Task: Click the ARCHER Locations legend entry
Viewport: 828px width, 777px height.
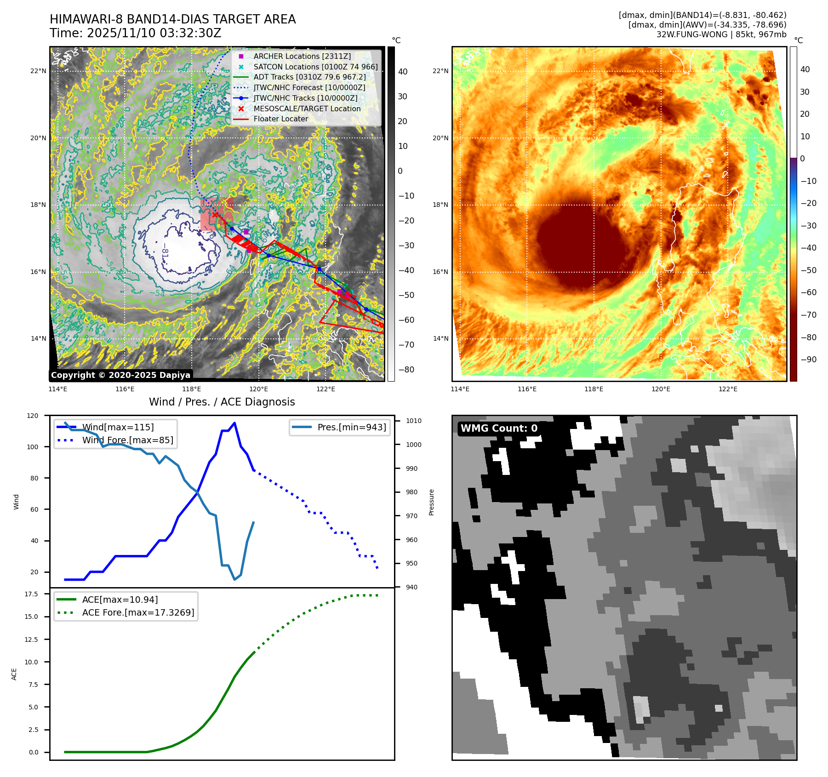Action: point(302,56)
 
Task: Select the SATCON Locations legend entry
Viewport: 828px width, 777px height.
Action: point(315,67)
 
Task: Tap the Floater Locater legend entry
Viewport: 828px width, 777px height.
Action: point(280,119)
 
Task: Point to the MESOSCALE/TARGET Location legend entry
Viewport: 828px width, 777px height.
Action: point(307,109)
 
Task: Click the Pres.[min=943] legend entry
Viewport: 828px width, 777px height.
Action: point(352,427)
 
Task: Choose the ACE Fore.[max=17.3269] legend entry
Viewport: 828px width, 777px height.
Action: point(138,612)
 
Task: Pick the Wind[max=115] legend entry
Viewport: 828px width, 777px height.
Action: point(118,427)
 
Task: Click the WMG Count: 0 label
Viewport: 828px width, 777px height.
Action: point(499,428)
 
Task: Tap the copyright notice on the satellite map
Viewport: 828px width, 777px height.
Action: point(120,375)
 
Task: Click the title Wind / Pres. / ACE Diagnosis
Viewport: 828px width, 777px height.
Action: point(222,402)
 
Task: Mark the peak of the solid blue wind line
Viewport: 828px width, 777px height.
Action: point(234,423)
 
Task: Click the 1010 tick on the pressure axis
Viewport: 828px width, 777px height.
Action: point(413,421)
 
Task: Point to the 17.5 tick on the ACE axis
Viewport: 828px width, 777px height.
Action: point(31,594)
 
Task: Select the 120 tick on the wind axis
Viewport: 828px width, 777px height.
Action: point(33,416)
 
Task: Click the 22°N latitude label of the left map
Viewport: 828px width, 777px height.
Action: point(38,71)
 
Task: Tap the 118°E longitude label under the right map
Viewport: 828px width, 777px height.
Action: point(594,389)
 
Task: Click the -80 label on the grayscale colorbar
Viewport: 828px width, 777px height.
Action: point(406,370)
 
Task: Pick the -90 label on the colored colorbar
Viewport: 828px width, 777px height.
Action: point(808,360)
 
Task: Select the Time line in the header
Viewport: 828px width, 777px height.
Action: point(135,33)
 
